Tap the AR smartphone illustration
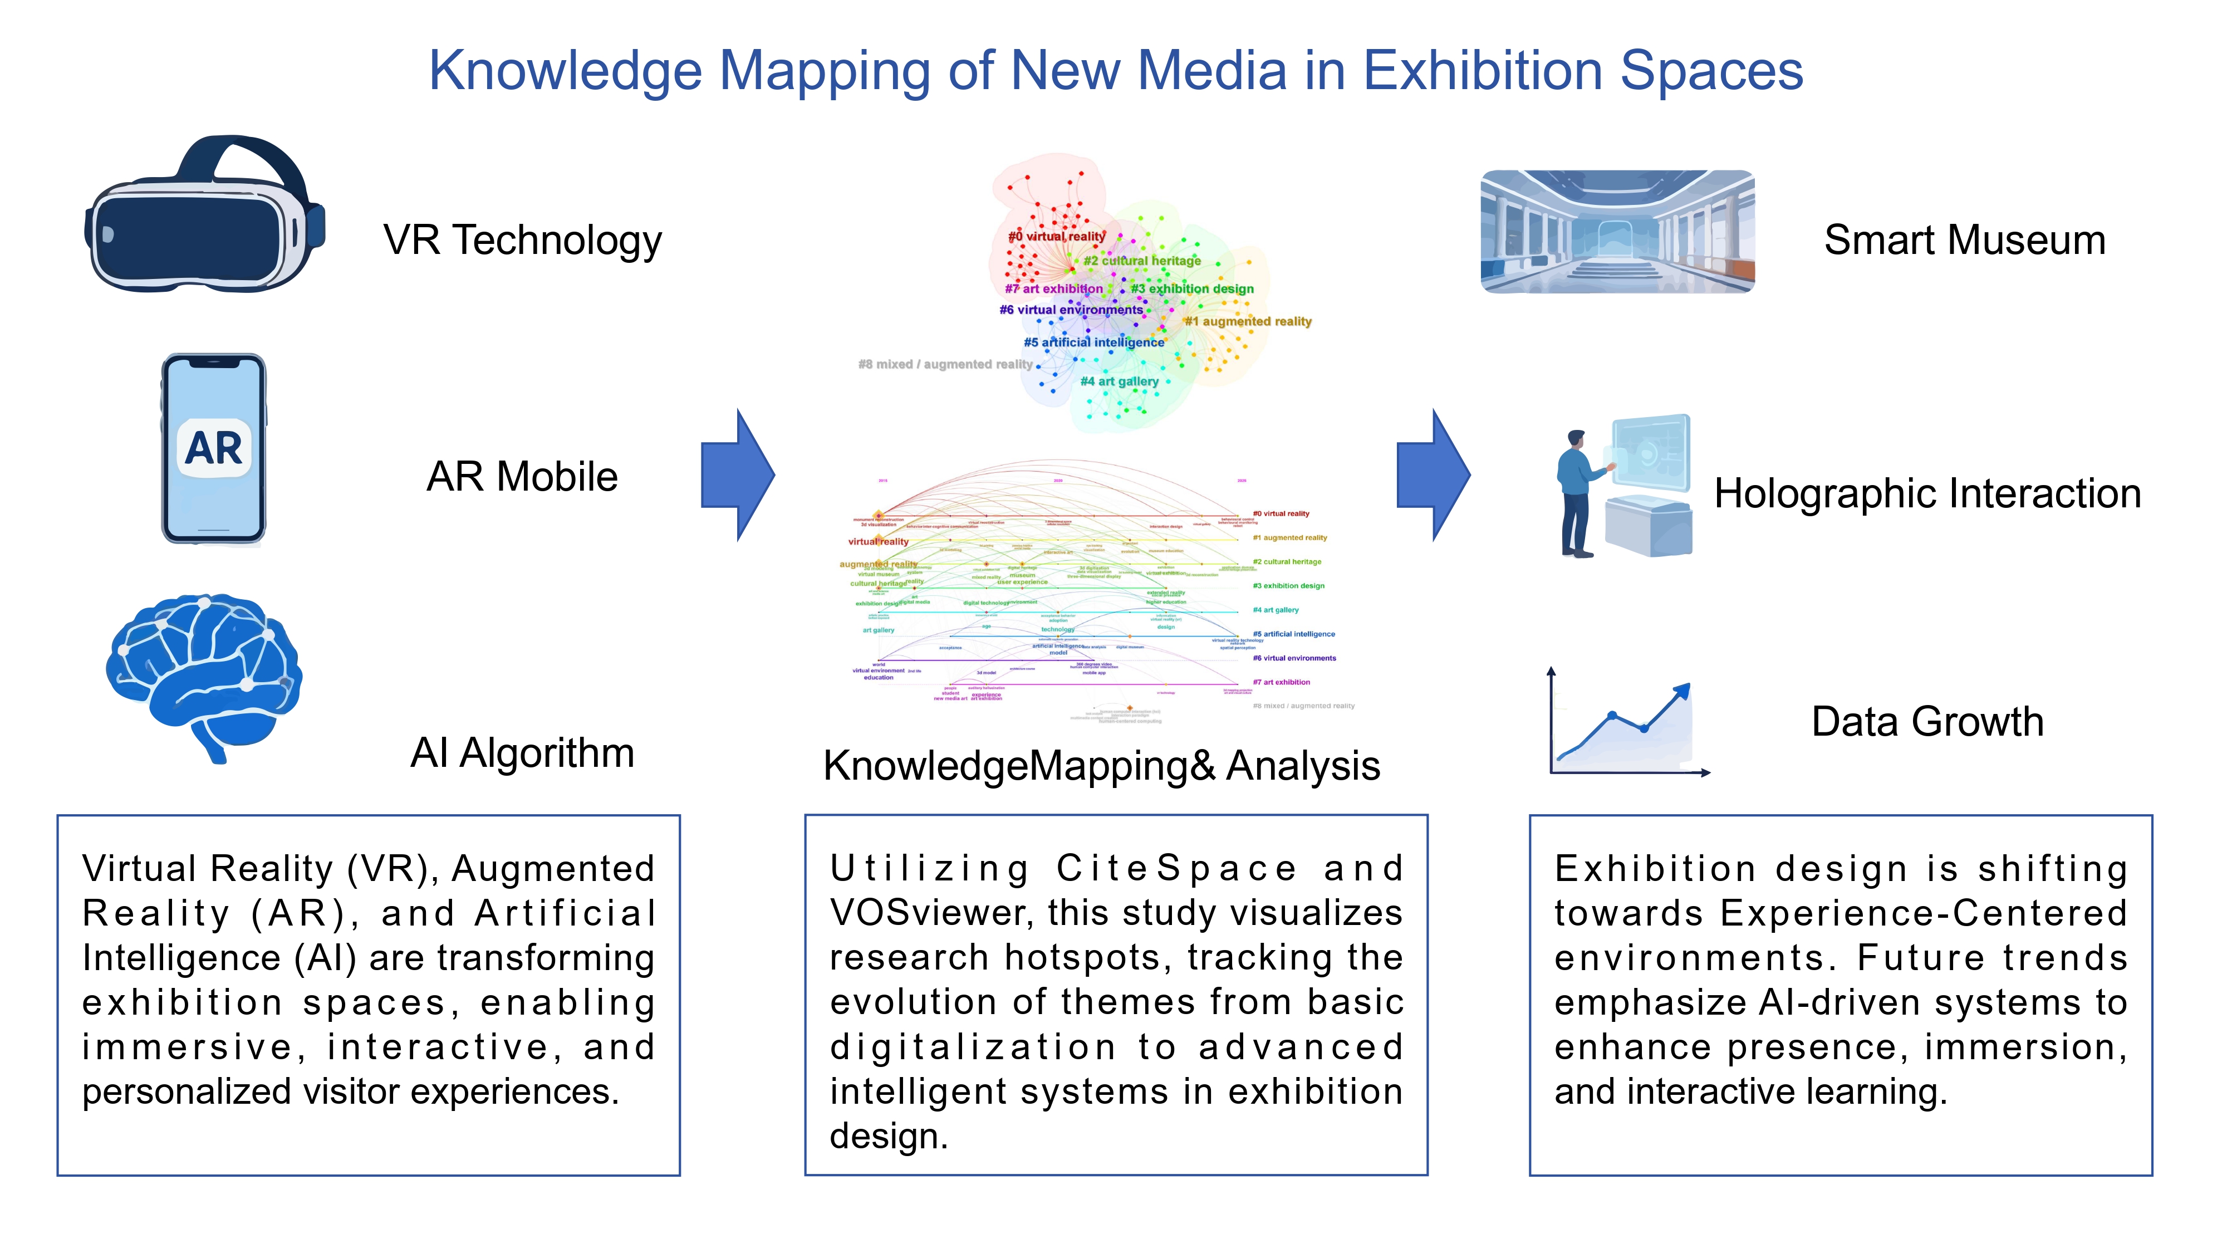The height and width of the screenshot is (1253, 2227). click(214, 448)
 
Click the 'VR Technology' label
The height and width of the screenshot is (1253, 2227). click(522, 241)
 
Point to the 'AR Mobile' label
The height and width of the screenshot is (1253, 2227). click(522, 477)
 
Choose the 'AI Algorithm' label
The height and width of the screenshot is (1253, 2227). click(522, 752)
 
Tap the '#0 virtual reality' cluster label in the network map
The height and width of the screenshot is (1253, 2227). click(1057, 236)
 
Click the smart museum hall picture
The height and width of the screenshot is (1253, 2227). click(1617, 232)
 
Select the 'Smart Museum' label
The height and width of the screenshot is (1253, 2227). click(1964, 241)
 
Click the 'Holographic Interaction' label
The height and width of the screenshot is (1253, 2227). click(1927, 494)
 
